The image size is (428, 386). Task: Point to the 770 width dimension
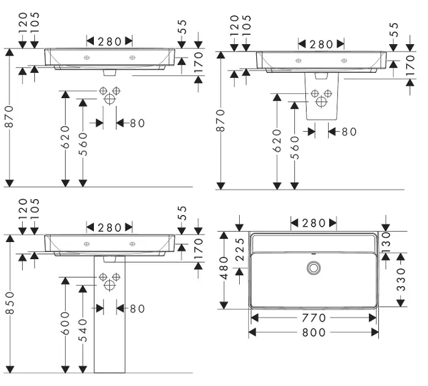(314, 318)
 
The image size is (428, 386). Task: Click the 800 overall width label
(314, 332)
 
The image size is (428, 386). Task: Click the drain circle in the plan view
(314, 267)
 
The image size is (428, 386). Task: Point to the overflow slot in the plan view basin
(314, 253)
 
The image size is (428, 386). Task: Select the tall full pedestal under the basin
(110, 319)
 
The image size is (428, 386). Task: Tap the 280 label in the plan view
(314, 223)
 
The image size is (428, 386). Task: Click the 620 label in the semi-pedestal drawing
(277, 141)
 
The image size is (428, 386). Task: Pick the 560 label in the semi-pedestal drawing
(295, 148)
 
